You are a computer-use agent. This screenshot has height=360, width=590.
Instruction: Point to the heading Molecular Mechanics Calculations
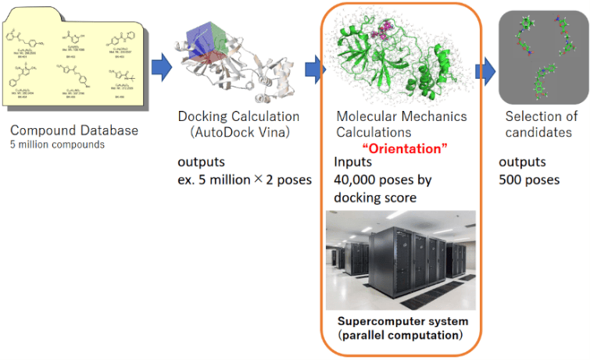pyautogui.click(x=401, y=125)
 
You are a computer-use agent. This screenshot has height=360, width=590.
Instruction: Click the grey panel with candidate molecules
pyautogui.click(x=542, y=59)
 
